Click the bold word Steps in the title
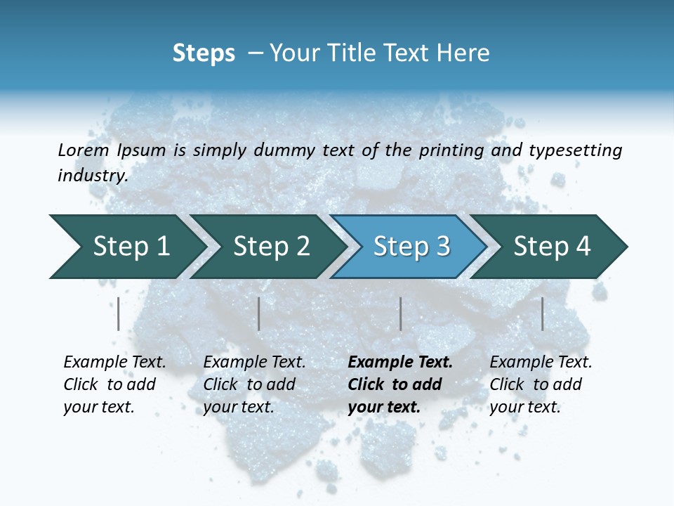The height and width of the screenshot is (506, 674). [204, 53]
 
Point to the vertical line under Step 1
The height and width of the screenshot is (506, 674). [119, 313]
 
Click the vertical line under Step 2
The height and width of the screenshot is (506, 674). [259, 313]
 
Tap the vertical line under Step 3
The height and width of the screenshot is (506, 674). [400, 313]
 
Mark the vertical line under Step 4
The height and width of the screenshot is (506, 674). [542, 313]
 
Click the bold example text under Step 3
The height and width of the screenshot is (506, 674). [399, 384]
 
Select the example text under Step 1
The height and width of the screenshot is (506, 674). [114, 384]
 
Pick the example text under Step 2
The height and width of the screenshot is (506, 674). [253, 384]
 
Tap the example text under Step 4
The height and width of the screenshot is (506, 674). [540, 384]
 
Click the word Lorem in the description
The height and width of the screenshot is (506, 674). [84, 150]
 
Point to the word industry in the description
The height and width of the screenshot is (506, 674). [92, 176]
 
